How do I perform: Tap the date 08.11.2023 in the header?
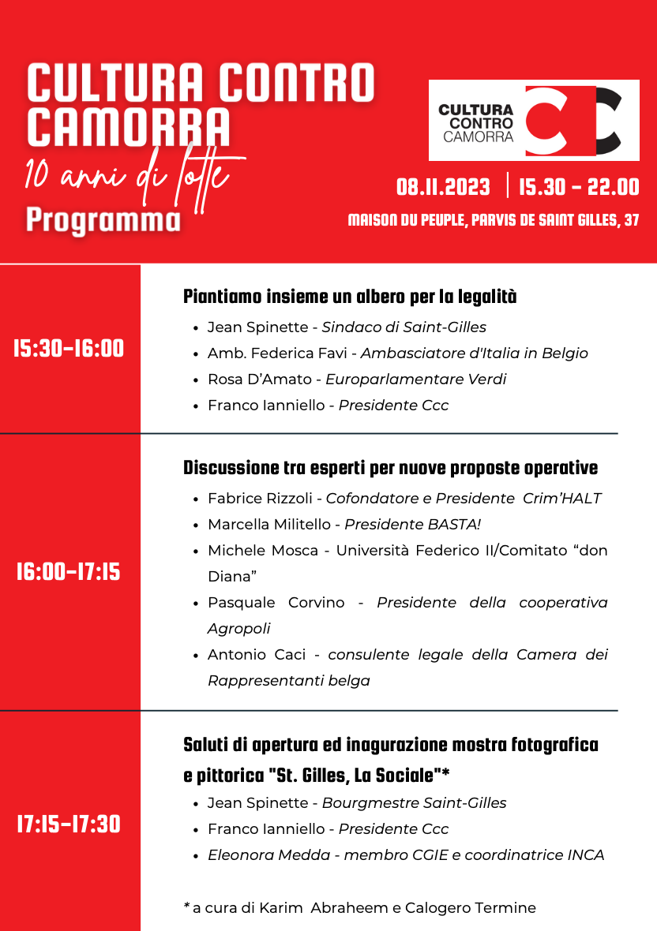(443, 188)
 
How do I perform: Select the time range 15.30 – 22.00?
(579, 188)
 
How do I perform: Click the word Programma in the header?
(103, 220)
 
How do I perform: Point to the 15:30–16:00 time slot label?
(69, 349)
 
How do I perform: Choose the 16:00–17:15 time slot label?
(69, 572)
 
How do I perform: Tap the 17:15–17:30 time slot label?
(69, 824)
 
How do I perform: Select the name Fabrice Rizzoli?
(261, 499)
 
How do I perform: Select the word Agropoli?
(238, 629)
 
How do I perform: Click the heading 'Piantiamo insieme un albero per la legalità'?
(350, 297)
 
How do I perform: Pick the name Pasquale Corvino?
(276, 603)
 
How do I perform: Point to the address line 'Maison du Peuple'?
(494, 221)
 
